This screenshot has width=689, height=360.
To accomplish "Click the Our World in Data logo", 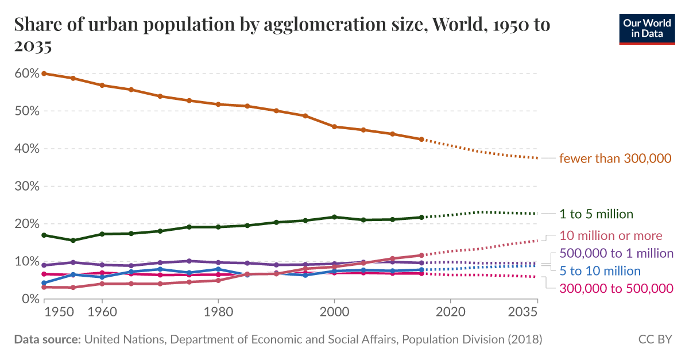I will (647, 28).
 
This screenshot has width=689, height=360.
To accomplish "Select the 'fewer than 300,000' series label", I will (616, 158).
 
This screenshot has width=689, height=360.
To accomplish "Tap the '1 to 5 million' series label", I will (596, 214).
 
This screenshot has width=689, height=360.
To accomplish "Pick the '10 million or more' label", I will (610, 235).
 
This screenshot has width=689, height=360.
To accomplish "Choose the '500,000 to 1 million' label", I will (616, 253).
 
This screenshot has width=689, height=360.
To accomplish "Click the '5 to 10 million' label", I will (600, 270).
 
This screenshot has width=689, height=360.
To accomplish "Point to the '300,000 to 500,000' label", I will (616, 288).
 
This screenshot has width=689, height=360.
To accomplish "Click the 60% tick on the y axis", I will (27, 73).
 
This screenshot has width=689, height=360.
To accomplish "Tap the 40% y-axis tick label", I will (27, 149).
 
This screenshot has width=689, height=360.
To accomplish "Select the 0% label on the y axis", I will (30, 299).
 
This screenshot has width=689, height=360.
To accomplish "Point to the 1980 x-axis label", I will (218, 313).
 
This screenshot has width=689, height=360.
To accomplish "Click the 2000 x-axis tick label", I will (334, 313).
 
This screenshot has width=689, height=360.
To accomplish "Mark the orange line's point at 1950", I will (44, 73).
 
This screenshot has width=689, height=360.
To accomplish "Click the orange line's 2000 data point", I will (334, 127).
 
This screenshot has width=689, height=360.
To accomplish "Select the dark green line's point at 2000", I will (334, 217).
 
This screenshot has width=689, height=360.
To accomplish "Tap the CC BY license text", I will (655, 339).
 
